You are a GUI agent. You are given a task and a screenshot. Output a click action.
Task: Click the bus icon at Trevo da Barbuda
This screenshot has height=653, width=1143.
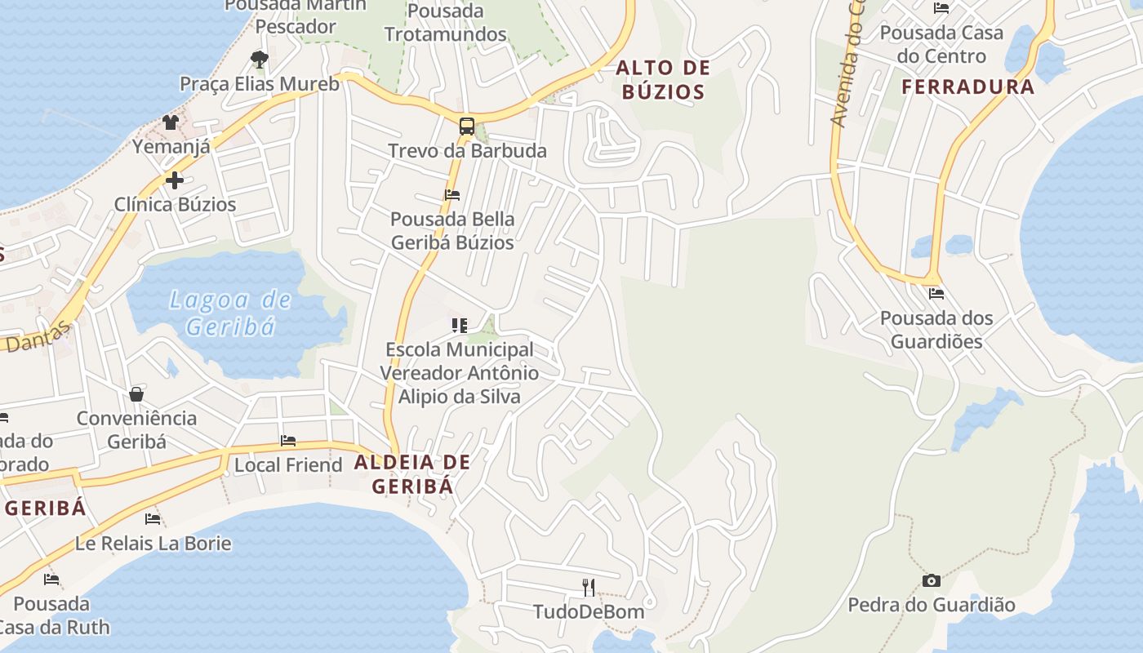466,127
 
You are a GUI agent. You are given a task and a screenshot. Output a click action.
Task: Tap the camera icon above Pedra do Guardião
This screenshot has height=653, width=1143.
931,580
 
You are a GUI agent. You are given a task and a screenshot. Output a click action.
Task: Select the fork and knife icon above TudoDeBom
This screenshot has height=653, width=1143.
588,587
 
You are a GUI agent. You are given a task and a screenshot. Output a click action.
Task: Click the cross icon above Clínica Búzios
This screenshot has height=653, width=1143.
174,180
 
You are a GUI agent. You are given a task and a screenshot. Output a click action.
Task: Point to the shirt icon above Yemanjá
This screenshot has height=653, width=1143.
170,122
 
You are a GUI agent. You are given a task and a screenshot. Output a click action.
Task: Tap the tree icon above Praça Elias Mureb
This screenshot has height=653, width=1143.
259,59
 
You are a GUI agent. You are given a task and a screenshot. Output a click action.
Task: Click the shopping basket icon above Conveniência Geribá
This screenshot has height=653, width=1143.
136,394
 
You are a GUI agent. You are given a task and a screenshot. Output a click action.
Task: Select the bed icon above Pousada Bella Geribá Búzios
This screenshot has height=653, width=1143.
452,195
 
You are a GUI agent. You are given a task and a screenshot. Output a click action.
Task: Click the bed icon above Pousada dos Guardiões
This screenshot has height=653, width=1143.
936,294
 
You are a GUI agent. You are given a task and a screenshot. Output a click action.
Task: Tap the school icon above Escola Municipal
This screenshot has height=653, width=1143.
460,326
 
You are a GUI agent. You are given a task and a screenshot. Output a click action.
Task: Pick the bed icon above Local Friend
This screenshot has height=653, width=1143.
288,441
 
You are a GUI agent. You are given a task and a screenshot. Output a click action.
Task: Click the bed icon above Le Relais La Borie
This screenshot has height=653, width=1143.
153,519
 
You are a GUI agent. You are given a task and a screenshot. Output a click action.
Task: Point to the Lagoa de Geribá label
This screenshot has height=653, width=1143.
229,313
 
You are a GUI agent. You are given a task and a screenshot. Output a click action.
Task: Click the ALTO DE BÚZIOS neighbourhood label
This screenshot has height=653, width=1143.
663,79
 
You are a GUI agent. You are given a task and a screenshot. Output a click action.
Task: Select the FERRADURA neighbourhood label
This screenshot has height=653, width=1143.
967,87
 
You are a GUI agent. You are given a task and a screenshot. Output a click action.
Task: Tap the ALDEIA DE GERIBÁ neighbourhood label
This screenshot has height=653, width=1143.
412,474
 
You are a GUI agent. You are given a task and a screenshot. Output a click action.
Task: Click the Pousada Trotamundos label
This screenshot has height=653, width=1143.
446,23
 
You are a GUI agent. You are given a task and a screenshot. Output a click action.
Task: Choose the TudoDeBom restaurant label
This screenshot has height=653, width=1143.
588,611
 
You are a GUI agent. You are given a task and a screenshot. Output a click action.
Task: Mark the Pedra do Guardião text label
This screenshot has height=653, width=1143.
931,605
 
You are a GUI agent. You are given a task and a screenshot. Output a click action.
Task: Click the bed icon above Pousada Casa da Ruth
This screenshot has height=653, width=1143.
51,580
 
